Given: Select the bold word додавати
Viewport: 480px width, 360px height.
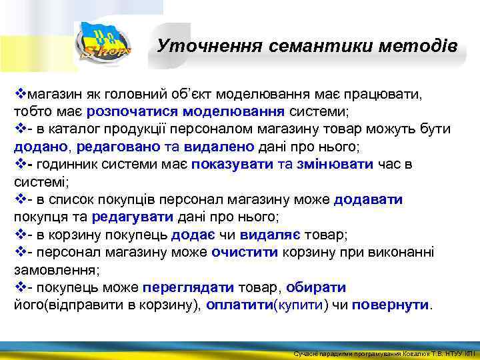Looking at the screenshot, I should click(x=368, y=199).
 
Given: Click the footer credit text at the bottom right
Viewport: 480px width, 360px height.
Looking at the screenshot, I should click(x=385, y=353).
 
